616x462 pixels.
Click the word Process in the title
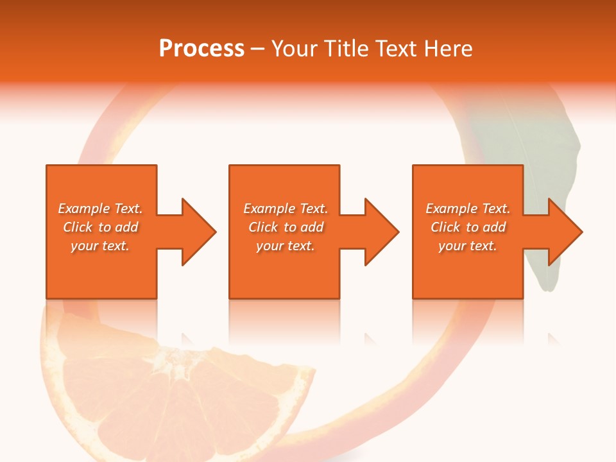[201, 49]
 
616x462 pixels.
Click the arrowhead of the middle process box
[381, 232]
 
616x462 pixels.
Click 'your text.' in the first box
[100, 246]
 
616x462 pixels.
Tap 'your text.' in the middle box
[286, 246]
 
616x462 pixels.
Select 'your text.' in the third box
[468, 246]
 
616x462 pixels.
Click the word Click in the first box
[78, 227]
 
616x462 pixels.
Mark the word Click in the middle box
[263, 227]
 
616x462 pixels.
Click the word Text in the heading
[394, 49]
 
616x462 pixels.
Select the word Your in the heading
[295, 49]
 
